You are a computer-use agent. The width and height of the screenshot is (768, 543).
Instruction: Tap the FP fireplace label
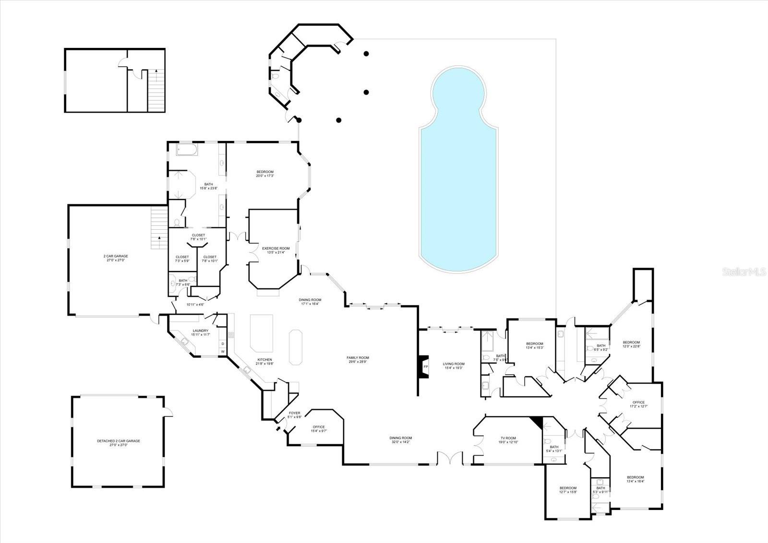coord(425,367)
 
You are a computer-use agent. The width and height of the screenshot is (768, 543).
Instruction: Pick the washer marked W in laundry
coord(223,352)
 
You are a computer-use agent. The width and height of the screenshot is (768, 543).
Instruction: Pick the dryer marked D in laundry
coord(223,343)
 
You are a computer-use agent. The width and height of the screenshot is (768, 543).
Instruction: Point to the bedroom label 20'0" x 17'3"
coord(264,174)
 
